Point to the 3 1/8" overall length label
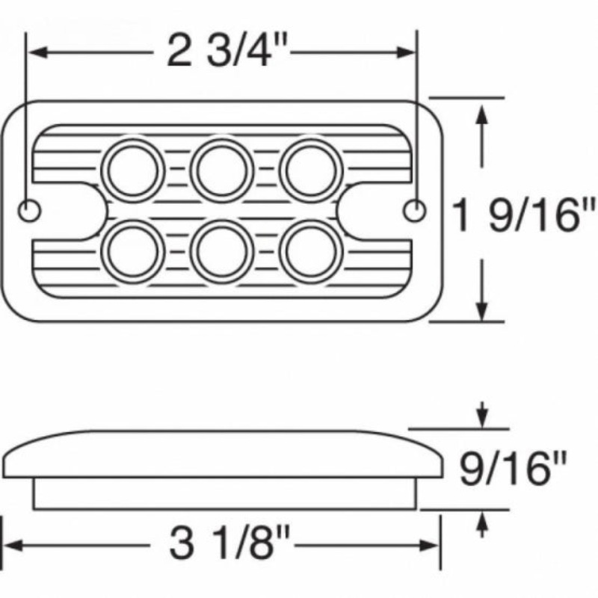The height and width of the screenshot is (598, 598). pyautogui.click(x=229, y=543)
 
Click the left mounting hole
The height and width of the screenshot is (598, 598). pyautogui.click(x=29, y=210)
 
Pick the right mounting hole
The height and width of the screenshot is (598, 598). pyautogui.click(x=415, y=210)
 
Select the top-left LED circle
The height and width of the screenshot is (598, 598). pyautogui.click(x=133, y=170)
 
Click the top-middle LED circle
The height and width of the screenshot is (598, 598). pyautogui.click(x=222, y=170)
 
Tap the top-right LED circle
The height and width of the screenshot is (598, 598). pyautogui.click(x=311, y=170)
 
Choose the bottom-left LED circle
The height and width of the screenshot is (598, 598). pyautogui.click(x=133, y=252)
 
